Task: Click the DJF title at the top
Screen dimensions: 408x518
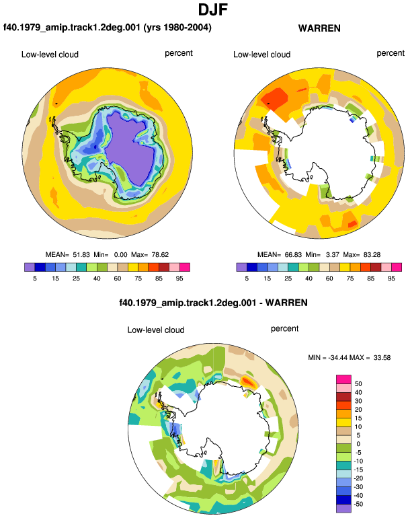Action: pos(213,9)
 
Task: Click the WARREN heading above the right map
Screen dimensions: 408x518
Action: pos(319,28)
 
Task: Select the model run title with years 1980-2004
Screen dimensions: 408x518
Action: pos(108,28)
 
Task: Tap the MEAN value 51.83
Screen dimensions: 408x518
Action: pos(81,255)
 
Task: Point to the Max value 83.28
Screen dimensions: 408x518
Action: pos(372,255)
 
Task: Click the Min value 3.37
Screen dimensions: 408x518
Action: pos(333,255)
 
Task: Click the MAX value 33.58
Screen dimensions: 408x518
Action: pos(382,357)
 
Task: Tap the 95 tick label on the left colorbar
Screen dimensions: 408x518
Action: pos(179,279)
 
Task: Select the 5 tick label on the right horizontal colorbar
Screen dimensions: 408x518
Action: pos(247,279)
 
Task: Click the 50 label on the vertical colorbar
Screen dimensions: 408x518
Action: pos(358,383)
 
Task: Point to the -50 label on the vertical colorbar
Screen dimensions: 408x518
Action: pos(358,504)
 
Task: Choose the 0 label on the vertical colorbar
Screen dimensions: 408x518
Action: pos(358,444)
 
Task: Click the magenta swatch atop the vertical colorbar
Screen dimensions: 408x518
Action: pos(343,379)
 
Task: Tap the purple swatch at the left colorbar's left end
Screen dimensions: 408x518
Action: pos(30,267)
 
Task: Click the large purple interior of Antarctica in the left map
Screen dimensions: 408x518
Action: pos(130,145)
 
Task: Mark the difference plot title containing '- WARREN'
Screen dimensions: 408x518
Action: pos(213,303)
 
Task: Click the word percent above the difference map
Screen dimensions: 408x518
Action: pos(284,329)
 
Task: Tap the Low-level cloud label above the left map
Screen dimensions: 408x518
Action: pos(50,54)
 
